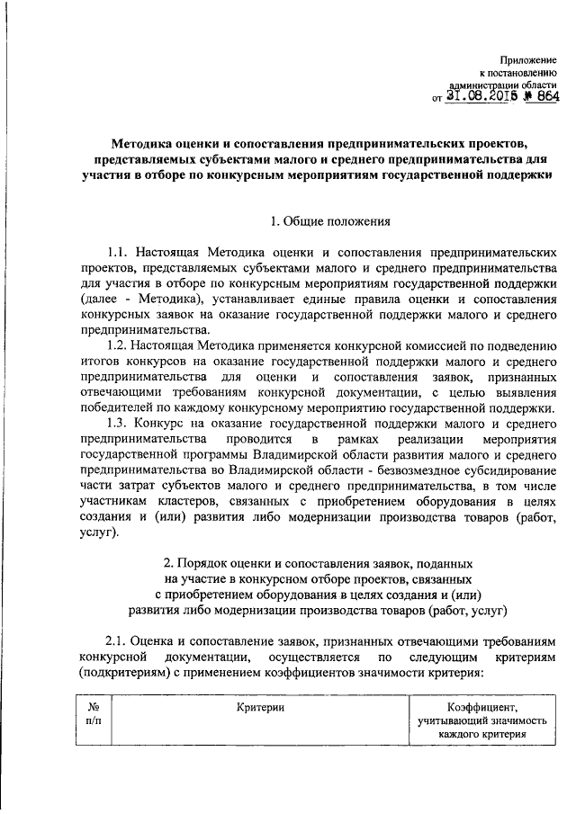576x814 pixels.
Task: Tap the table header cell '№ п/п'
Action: click(x=94, y=717)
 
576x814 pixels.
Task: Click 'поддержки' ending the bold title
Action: click(x=515, y=175)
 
